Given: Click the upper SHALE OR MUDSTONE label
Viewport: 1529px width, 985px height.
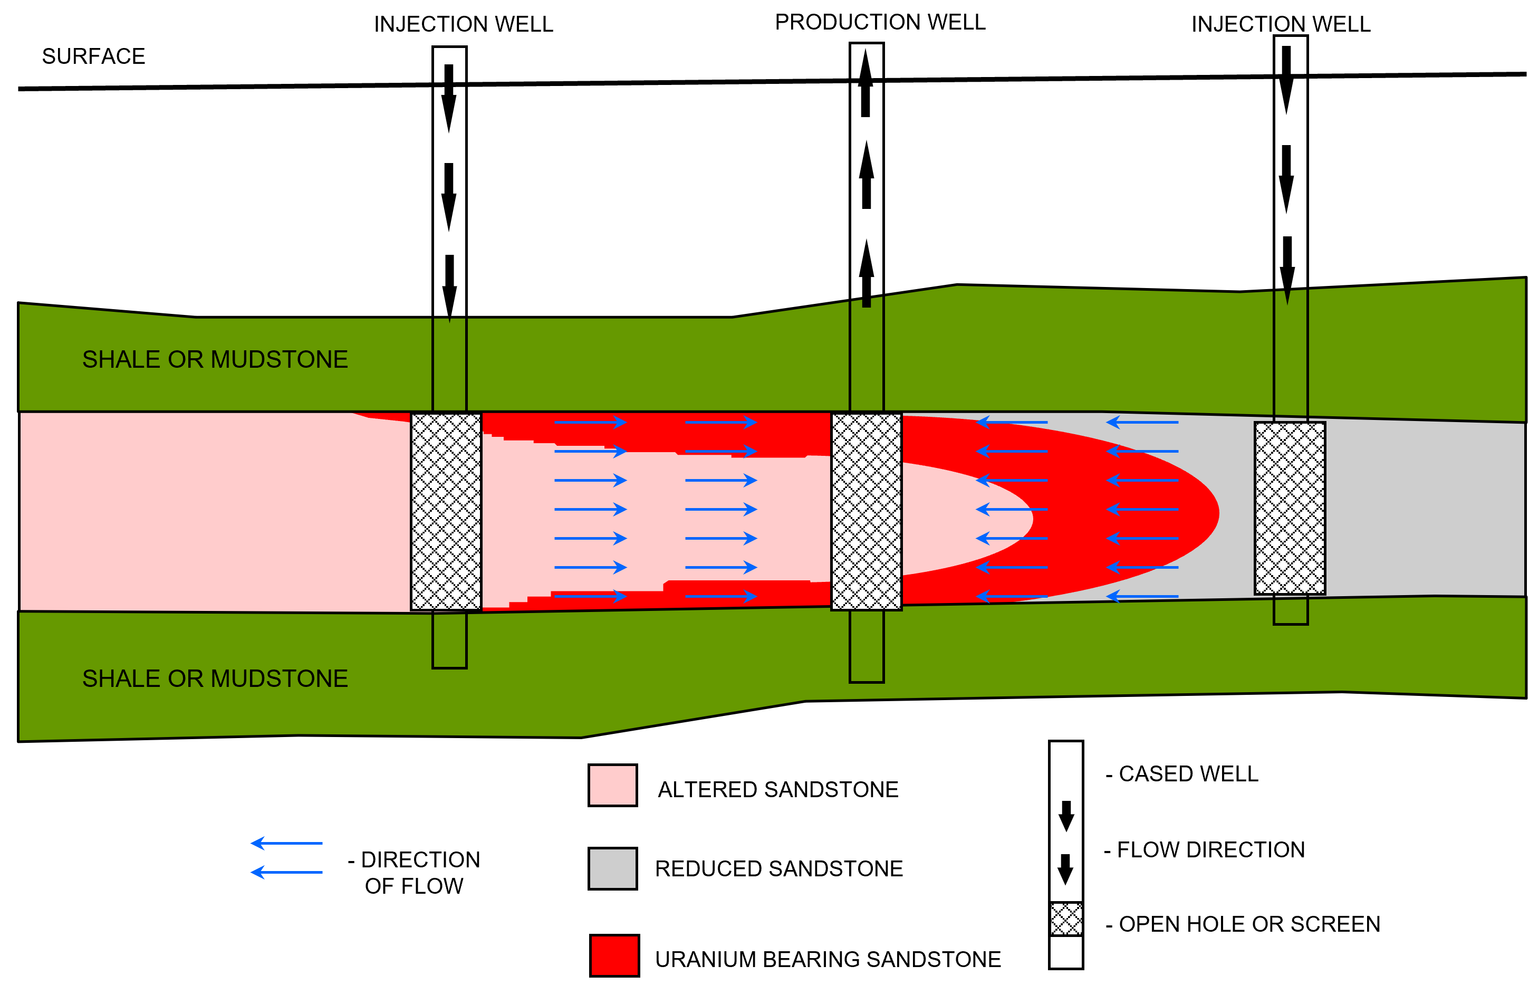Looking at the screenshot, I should click(215, 359).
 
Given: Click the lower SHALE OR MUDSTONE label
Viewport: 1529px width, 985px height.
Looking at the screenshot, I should click(215, 678).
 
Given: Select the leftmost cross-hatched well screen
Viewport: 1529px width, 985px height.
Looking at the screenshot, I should click(446, 512).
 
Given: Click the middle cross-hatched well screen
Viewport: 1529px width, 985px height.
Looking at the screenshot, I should click(866, 512).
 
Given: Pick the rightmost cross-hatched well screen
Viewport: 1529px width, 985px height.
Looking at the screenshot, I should click(1290, 508).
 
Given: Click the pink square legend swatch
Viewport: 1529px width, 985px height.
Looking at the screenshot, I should click(612, 785).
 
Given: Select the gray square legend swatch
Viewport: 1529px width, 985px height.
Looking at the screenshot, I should click(612, 868).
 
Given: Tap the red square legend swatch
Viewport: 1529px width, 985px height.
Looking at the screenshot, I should click(614, 955).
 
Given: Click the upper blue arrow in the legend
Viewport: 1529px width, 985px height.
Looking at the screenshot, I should click(286, 843).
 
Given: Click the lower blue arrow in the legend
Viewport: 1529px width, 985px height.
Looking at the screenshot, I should click(286, 873).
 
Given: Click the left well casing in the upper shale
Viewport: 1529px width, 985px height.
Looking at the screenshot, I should click(449, 365).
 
